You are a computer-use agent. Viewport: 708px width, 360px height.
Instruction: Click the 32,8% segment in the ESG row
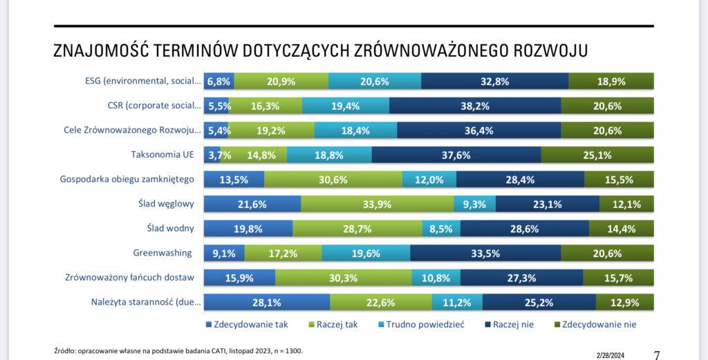(494, 81)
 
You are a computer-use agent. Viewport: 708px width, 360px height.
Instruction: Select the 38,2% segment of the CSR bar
(475, 106)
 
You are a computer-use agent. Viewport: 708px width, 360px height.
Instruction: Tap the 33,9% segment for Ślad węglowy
(377, 204)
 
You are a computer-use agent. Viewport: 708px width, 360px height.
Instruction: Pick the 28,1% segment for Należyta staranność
(267, 302)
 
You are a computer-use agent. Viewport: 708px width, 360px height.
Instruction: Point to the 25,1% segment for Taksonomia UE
(597, 155)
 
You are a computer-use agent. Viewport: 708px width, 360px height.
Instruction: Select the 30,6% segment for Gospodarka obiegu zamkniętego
(332, 180)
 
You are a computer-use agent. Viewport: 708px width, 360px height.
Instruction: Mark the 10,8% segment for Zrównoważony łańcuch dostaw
(436, 278)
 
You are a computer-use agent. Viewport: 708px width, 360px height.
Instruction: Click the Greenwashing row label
(163, 253)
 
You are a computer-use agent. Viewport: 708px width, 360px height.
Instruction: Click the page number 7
(656, 354)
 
